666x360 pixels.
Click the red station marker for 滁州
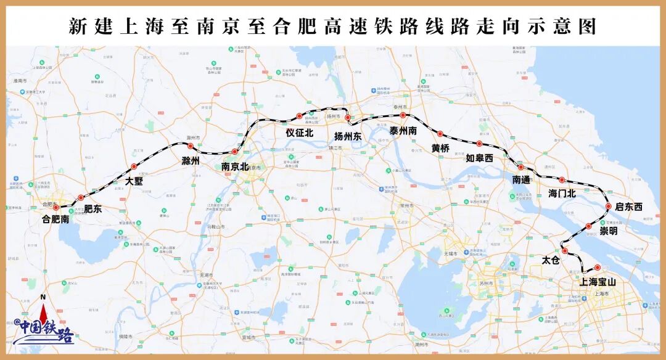point(191,146)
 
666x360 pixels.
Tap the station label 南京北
point(235,166)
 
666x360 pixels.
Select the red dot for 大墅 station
point(133,166)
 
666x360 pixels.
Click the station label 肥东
point(93,208)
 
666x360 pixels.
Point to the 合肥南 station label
point(55,218)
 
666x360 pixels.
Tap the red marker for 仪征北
point(299,116)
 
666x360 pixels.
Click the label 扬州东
point(348,136)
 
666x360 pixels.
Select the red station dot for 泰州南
point(403,115)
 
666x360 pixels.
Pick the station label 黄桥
point(440,148)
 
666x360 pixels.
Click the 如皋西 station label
point(479,158)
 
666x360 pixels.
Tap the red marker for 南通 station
point(520,167)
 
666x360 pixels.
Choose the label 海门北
point(562,193)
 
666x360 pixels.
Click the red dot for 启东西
point(609,207)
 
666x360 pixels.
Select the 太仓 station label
point(550,260)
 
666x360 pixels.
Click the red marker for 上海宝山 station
point(598,267)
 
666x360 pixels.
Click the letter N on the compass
point(43,298)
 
